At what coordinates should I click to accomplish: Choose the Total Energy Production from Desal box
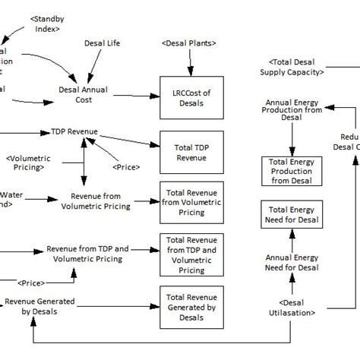292,172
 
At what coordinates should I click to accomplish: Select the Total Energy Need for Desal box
292,219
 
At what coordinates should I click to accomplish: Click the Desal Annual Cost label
84,95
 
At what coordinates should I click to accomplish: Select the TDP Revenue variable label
74,131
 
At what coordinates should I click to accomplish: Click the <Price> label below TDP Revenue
126,166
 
